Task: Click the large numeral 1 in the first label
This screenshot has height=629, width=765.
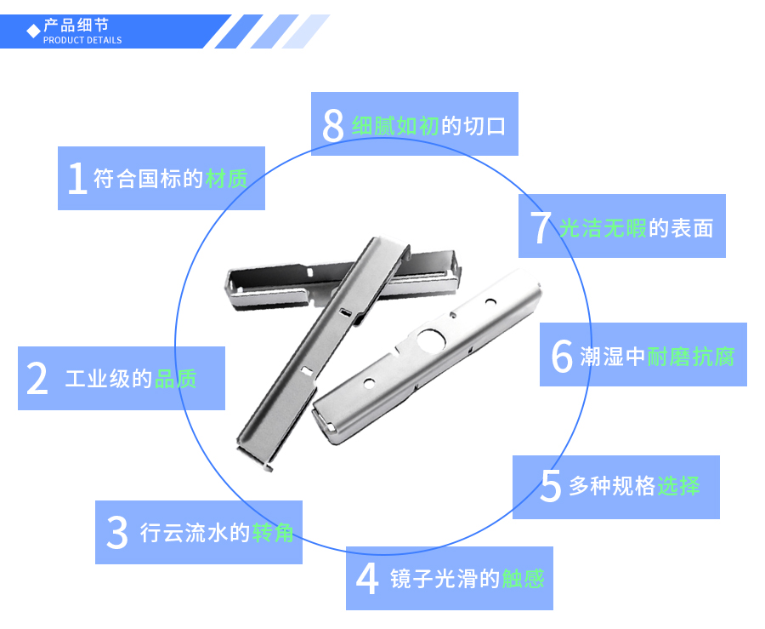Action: (77, 179)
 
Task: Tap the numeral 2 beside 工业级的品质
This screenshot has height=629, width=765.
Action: (37, 379)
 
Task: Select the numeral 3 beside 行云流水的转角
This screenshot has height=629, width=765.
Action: (116, 533)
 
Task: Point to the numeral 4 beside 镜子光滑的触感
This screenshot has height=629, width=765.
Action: (367, 579)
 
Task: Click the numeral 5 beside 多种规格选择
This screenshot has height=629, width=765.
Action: (551, 487)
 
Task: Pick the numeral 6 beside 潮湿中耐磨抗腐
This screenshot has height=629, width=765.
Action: (562, 356)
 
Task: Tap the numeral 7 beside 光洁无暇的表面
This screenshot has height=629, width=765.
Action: (541, 227)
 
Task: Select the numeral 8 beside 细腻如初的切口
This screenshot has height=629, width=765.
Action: (333, 125)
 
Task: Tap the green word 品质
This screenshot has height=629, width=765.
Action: (176, 379)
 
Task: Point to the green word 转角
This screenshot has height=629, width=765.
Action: (273, 533)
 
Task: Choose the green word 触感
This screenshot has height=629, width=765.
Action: (523, 579)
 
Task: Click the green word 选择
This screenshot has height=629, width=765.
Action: (678, 487)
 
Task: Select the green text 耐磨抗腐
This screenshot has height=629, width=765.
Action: (691, 356)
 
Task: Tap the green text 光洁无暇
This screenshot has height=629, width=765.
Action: (603, 227)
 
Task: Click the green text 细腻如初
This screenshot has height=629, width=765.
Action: (395, 125)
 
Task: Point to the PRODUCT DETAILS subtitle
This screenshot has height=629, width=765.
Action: (82, 40)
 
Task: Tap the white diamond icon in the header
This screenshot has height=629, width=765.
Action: (33, 31)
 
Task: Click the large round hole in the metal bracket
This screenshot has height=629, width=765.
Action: (431, 340)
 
